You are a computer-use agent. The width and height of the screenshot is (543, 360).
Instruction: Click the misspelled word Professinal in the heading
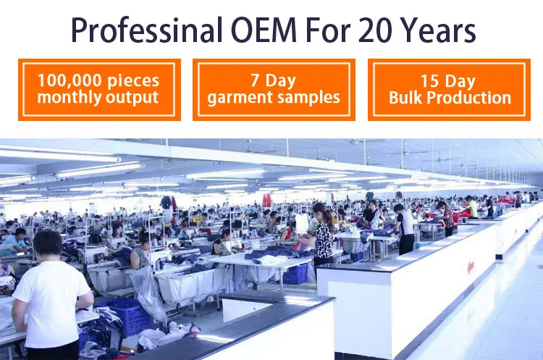tap(147, 30)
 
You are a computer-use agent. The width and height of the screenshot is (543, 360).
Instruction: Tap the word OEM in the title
tap(264, 30)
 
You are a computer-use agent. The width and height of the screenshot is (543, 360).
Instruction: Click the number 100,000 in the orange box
tap(70, 80)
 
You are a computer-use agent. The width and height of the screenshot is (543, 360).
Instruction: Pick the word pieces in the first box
tap(133, 81)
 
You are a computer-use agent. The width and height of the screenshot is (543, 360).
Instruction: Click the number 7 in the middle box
tap(256, 80)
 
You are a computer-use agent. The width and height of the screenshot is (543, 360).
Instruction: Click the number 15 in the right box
tap(429, 81)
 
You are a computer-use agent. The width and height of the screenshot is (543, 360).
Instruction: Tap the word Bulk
tap(405, 98)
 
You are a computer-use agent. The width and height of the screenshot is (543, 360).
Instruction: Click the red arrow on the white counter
tap(471, 267)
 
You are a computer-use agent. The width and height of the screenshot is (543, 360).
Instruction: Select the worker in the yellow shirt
tap(471, 207)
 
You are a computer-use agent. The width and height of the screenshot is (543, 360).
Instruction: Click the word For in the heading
tap(327, 30)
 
